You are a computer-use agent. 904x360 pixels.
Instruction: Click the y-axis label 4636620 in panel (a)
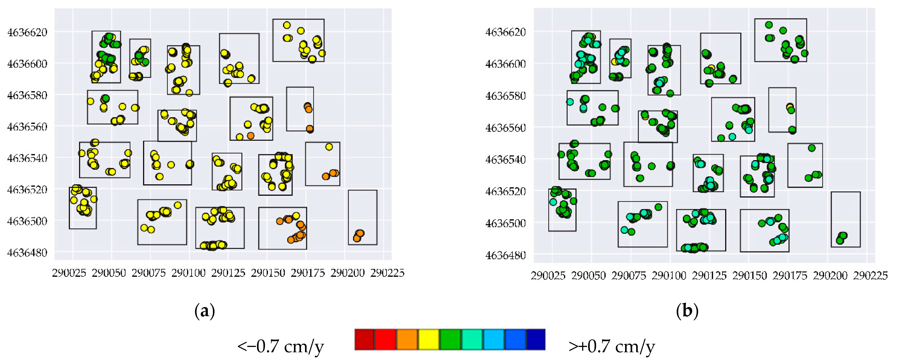(27, 32)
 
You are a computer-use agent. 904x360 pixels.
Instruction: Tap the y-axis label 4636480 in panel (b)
(505, 255)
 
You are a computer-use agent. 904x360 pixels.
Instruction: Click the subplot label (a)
(205, 311)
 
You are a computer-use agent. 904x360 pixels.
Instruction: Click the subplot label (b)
(687, 311)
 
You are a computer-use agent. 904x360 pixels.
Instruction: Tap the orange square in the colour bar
(407, 340)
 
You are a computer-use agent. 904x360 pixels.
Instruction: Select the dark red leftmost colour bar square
(364, 340)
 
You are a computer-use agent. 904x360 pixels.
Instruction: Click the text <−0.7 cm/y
(280, 347)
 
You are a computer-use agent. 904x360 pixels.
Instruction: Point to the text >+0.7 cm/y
(612, 347)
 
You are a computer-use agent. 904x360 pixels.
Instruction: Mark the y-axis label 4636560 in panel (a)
(27, 127)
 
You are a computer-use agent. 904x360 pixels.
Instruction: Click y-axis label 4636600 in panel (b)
(505, 64)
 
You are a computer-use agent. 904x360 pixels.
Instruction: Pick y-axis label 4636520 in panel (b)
(505, 191)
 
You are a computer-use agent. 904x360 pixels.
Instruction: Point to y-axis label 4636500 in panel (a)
(27, 221)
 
